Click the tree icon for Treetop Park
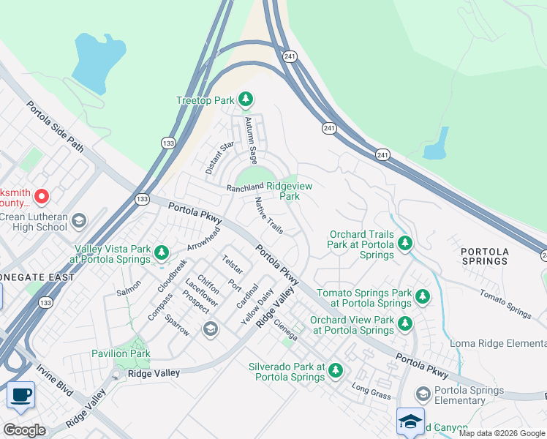[246, 100]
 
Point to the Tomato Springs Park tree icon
[422, 297]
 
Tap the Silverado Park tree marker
[336, 371]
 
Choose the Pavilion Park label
[121, 353]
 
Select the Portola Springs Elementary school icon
[423, 394]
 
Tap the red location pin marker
[42, 196]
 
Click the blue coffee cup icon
[20, 396]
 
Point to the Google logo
[23, 430]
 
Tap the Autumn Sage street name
[251, 139]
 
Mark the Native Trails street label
[268, 216]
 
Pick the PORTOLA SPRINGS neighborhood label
[485, 256]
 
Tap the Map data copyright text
[502, 433]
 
